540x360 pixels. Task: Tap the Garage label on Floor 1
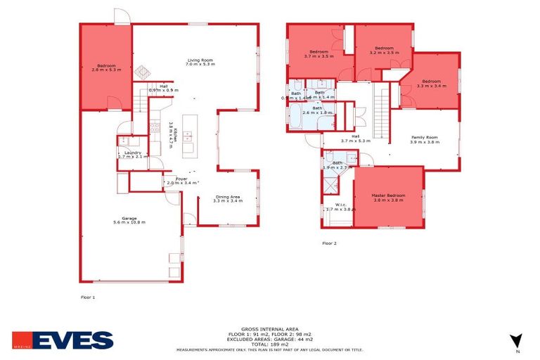129,218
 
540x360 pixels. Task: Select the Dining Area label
228,197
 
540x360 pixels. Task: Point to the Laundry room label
133,153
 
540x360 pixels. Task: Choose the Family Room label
424,137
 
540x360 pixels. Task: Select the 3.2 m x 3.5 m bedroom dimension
384,53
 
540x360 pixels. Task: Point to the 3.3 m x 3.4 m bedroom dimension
431,85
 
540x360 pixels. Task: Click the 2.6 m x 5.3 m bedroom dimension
106,70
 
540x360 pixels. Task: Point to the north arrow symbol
517,341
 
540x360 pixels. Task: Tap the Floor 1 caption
88,297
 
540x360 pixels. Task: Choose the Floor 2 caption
329,243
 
